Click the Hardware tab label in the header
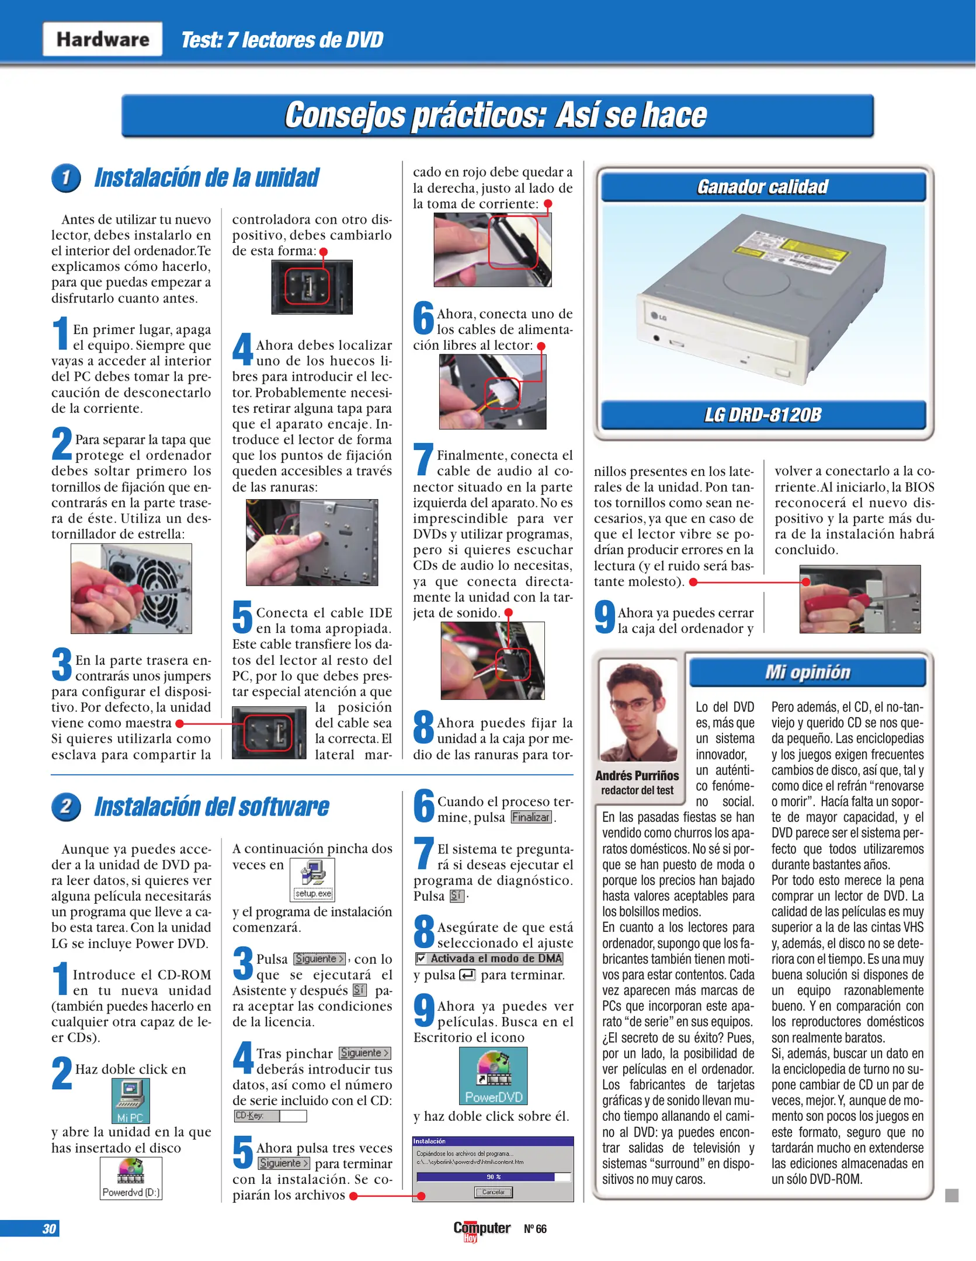pos(102,39)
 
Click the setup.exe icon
pos(313,879)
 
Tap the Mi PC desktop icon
pos(130,1100)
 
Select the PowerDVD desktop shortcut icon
pos(494,1076)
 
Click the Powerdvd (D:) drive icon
pos(131,1178)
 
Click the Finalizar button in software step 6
pos(531,817)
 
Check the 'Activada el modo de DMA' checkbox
pos(421,959)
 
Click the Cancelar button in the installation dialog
pos(493,1192)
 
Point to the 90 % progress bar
pos(493,1177)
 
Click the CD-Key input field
pos(293,1116)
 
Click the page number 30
pos(49,1229)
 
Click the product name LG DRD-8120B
pos(763,415)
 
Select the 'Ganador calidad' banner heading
pos(763,187)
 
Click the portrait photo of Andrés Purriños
pos(638,710)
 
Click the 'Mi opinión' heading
pos(807,673)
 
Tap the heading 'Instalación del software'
pos(211,807)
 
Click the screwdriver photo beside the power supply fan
pos(131,588)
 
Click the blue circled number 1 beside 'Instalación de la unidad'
pos(66,178)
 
